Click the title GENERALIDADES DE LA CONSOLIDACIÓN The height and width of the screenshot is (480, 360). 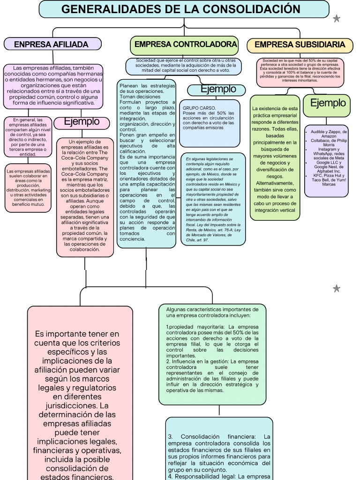[181, 9]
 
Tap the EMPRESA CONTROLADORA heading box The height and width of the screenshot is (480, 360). [186, 45]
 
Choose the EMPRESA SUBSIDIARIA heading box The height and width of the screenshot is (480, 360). [300, 45]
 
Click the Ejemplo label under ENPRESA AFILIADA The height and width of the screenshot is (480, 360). [82, 122]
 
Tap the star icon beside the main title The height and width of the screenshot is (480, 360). [336, 19]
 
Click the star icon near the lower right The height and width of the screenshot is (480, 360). [336, 288]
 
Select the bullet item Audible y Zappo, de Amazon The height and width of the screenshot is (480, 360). [329, 135]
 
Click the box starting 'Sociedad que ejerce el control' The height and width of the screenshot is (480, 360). [183, 66]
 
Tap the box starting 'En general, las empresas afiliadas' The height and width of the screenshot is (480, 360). [28, 137]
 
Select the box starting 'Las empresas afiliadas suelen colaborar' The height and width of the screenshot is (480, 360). [28, 187]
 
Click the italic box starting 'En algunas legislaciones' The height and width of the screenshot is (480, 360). [213, 199]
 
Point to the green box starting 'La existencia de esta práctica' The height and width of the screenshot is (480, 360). [275, 157]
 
